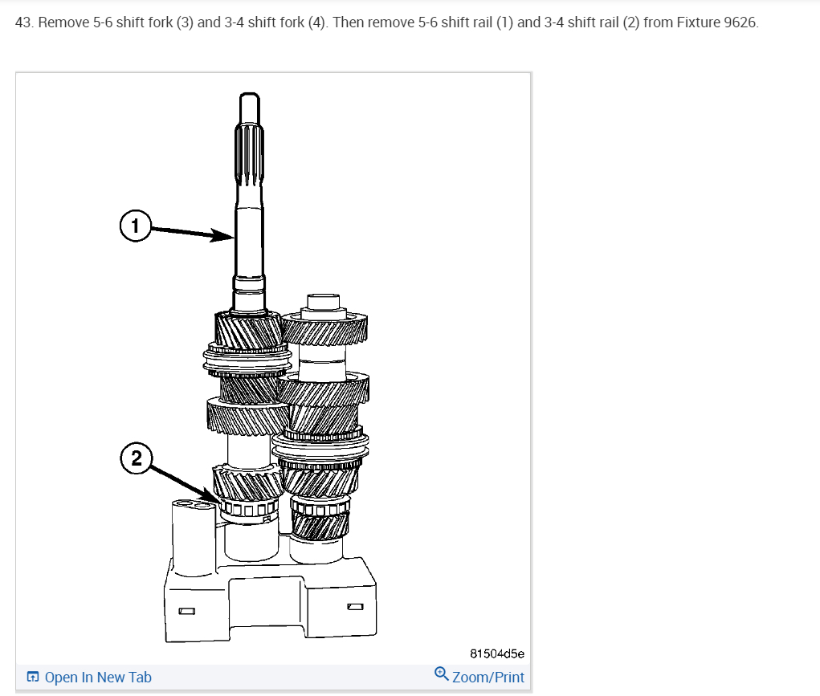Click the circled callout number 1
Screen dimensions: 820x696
click(136, 226)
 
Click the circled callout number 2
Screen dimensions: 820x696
click(136, 458)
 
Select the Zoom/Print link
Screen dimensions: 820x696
click(488, 678)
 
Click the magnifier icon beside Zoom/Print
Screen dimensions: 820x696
click(442, 674)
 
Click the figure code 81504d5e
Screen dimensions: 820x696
click(497, 653)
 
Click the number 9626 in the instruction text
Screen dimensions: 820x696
click(741, 22)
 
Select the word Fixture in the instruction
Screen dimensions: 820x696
click(699, 22)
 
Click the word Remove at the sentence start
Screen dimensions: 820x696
click(63, 22)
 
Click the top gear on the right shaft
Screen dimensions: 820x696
click(324, 328)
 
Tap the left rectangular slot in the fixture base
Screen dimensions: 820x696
click(186, 611)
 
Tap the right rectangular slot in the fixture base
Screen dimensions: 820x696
click(355, 607)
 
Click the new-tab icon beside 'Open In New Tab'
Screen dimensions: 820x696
click(32, 677)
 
